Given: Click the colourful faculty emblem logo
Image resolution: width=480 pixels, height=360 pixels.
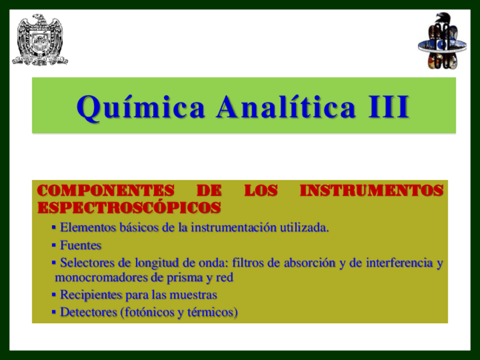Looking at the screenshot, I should tap(442, 41).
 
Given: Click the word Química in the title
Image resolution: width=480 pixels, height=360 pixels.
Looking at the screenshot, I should tap(141, 107).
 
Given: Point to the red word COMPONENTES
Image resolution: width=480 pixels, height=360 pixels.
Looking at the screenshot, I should tap(105, 191).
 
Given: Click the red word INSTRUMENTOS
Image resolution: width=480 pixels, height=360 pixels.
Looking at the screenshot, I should tap(371, 191).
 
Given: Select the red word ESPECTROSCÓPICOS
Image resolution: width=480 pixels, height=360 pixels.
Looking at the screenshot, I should tap(129, 208).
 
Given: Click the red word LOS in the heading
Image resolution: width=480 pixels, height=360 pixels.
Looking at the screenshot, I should tap(260, 191).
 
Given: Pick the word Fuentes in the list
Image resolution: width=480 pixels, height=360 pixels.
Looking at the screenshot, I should tap(81, 246).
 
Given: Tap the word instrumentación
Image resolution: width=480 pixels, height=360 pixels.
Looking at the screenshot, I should tap(232, 228).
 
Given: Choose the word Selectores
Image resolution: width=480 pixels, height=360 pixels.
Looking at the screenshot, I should tap(85, 263).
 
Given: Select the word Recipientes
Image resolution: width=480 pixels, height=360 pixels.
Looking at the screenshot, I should tap(88, 295).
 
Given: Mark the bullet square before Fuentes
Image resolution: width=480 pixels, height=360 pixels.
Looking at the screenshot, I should tap(54, 246).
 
